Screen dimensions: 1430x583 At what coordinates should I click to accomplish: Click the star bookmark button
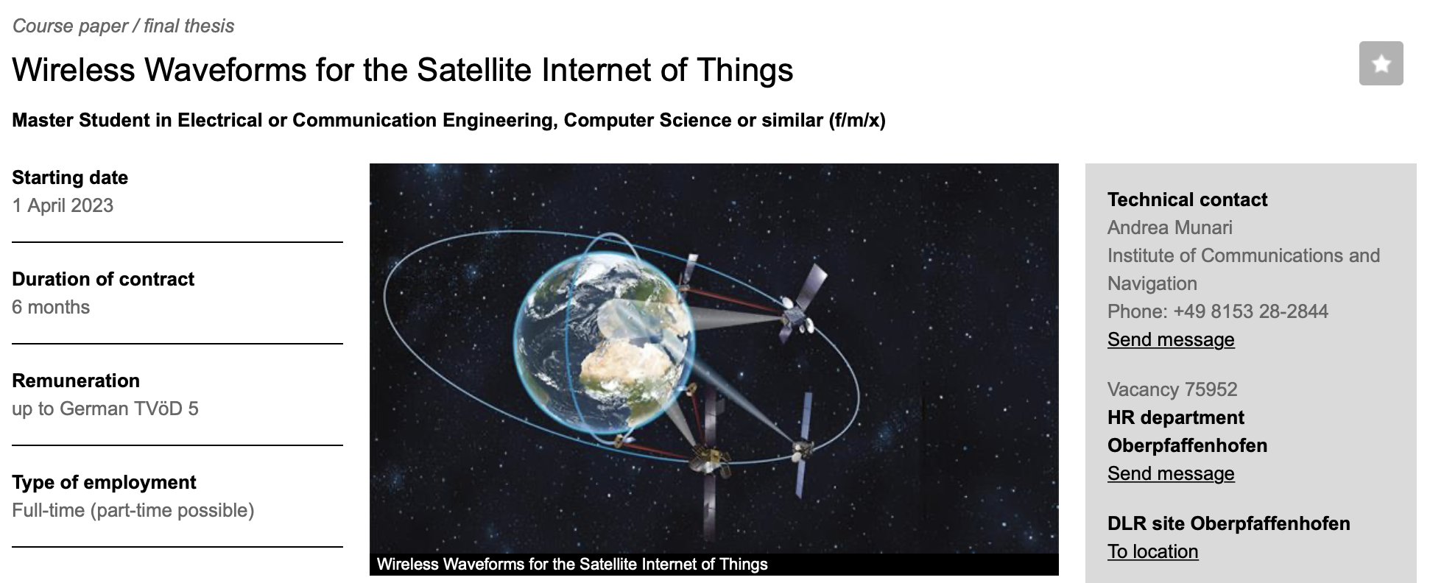click(1381, 63)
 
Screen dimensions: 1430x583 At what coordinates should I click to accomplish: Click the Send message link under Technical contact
click(1171, 339)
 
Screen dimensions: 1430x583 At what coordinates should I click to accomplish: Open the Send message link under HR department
click(1171, 473)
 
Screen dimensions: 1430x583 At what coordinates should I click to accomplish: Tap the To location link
click(1153, 551)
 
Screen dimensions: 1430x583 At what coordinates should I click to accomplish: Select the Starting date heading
click(70, 177)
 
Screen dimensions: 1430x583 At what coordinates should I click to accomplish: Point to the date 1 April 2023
click(63, 205)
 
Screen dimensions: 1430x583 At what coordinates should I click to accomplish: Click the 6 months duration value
click(51, 307)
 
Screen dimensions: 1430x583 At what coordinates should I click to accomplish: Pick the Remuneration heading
click(76, 381)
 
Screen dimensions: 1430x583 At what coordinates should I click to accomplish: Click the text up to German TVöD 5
click(105, 409)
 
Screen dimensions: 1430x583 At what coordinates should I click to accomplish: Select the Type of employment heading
click(104, 482)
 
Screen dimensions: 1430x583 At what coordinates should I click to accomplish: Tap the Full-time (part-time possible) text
click(133, 510)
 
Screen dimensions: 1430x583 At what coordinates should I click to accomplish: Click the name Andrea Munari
click(1170, 227)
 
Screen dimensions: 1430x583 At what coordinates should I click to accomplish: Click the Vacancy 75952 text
click(1172, 389)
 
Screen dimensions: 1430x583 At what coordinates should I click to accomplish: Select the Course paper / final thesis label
click(123, 26)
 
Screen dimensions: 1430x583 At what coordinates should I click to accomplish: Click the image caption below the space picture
click(572, 565)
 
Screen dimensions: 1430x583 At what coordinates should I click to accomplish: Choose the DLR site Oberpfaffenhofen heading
click(1229, 523)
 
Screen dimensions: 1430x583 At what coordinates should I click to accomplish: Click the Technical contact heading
click(1188, 199)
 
